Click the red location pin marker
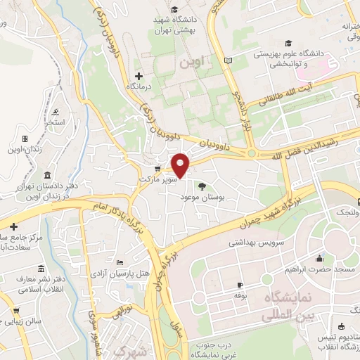coord(182,165)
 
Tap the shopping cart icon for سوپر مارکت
coord(158,169)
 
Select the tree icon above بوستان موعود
coord(202,186)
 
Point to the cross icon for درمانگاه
coord(138,76)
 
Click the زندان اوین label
coord(25,150)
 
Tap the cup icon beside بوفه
coord(239,285)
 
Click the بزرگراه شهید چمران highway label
coord(266,208)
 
